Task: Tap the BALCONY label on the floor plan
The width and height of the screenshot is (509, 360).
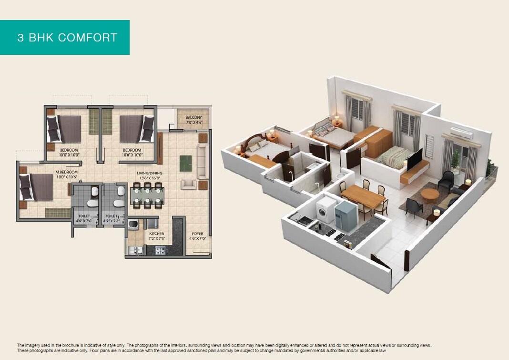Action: [193, 117]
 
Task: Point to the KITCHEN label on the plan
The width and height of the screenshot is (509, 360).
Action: [156, 234]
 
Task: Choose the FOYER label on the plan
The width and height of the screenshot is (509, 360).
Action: [197, 234]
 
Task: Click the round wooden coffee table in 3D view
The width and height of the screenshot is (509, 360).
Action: [430, 194]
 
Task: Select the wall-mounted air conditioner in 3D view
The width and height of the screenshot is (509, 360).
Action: [461, 133]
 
